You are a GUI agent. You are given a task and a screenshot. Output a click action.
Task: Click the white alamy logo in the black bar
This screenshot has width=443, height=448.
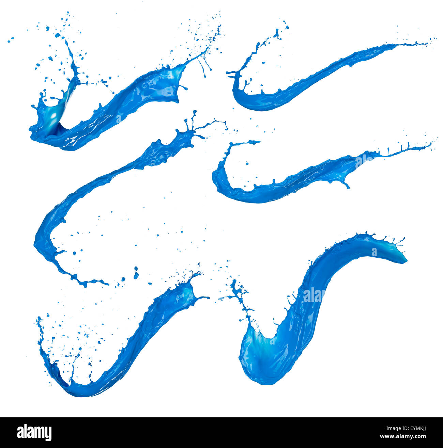coord(34,433)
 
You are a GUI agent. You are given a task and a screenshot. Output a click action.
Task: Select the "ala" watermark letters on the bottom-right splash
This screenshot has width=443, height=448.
coord(313,295)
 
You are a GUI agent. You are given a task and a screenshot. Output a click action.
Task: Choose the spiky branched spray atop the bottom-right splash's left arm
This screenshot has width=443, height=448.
coord(239,293)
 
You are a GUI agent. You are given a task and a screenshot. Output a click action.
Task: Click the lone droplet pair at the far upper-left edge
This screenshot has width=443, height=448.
coord(10,40)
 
